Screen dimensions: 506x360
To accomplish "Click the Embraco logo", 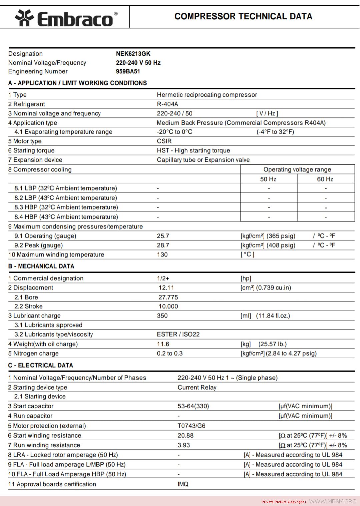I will (x=66, y=18).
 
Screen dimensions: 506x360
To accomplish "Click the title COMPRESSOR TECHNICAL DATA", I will (x=243, y=16).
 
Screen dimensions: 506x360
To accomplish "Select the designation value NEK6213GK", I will (x=133, y=54).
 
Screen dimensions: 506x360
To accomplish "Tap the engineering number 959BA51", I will (x=128, y=71).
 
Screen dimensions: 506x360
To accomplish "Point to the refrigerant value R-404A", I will (x=167, y=104).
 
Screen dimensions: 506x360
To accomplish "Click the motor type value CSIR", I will (x=164, y=141).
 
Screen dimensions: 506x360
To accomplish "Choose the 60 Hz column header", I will (x=325, y=179).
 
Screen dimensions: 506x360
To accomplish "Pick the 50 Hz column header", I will (x=268, y=179).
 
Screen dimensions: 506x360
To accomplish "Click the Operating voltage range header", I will (x=297, y=169).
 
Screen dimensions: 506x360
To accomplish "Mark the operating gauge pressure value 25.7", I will (x=163, y=236).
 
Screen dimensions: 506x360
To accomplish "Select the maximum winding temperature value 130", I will (x=162, y=255).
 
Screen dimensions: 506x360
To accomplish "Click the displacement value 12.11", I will (x=166, y=288).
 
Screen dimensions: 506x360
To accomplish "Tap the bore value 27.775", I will (x=168, y=297).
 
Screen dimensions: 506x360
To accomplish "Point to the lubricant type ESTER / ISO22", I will (x=178, y=334).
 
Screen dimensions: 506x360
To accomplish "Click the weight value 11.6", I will (x=163, y=344).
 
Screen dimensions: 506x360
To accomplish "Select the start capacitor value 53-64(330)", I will (x=193, y=406).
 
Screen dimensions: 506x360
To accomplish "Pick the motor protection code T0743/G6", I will (x=191, y=426).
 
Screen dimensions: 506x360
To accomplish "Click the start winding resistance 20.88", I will (x=185, y=435).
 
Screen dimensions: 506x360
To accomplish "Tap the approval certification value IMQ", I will (x=183, y=484).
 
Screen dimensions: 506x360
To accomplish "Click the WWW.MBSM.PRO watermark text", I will (x=333, y=501).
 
